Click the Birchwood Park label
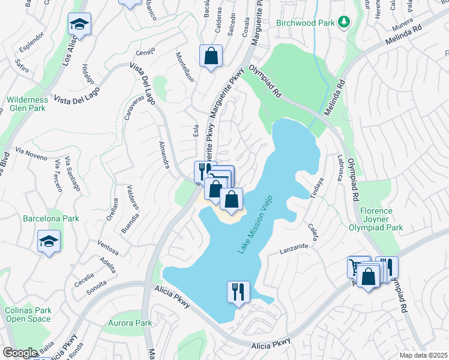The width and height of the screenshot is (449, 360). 305,23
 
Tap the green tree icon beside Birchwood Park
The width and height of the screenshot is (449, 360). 343,23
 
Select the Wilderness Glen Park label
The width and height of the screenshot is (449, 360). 27,104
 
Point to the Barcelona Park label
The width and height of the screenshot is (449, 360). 51,218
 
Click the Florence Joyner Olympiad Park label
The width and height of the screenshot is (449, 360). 376,220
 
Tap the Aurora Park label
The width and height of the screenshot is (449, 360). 130,323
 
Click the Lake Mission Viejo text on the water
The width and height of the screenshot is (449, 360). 255,223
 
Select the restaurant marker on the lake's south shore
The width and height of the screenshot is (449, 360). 238,292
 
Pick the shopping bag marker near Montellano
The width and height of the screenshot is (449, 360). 211,56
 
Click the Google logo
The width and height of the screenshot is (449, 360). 20,353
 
